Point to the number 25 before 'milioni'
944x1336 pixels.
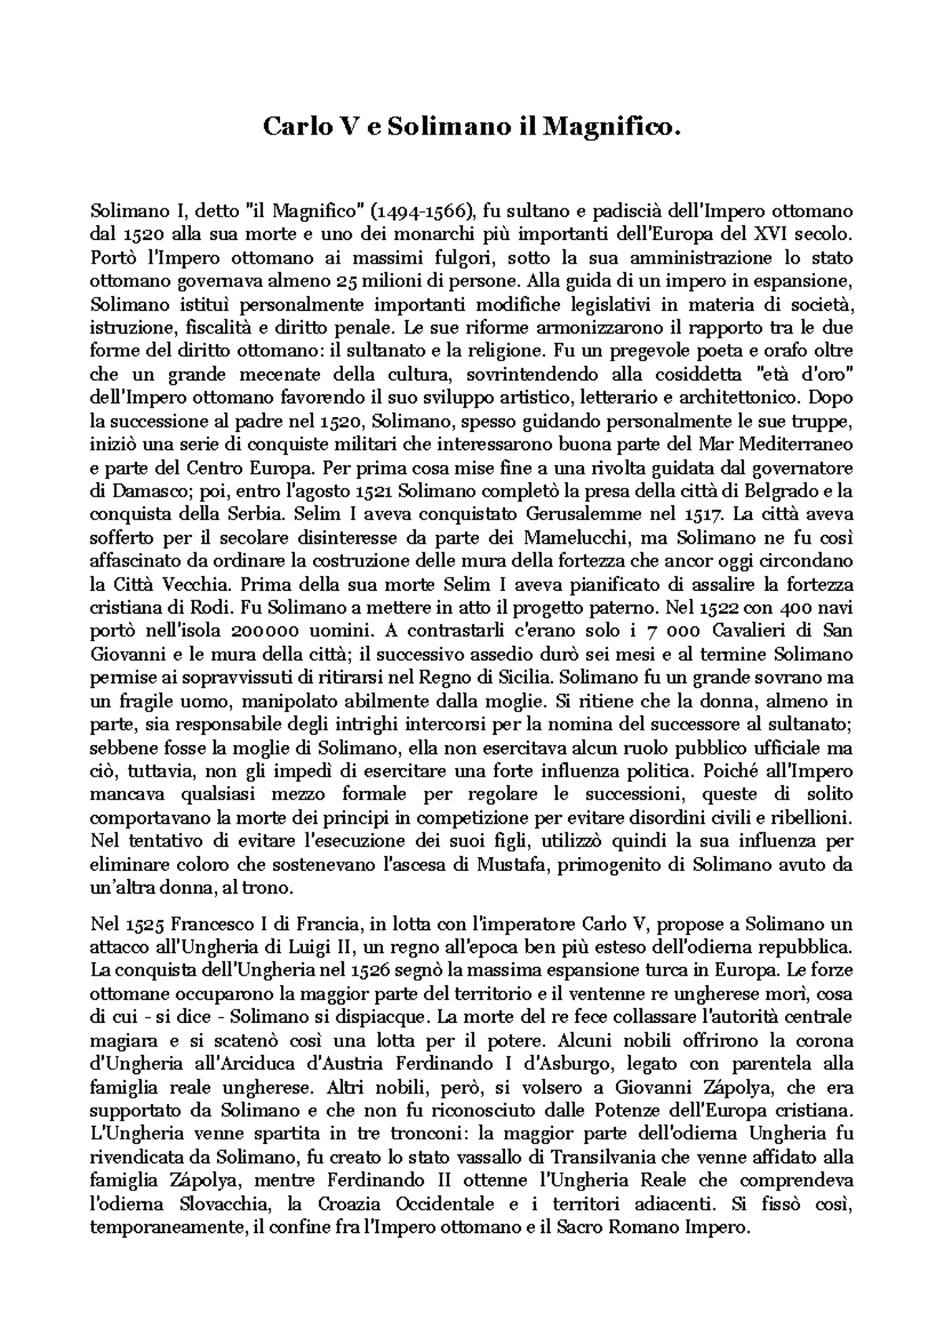pyautogui.click(x=348, y=280)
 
